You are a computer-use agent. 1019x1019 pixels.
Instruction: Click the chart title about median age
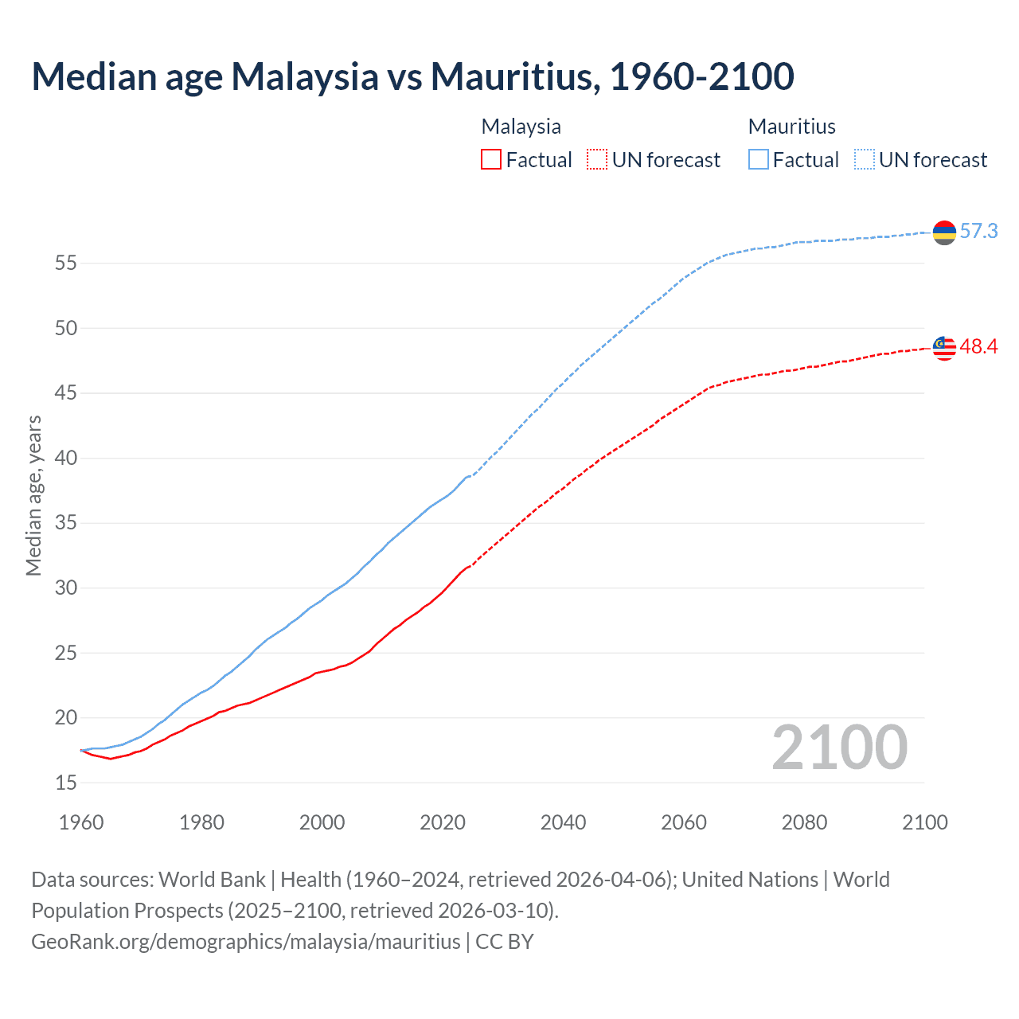[412, 76]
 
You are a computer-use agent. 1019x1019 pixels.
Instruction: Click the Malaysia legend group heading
[521, 127]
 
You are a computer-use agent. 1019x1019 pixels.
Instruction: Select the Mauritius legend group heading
[791, 127]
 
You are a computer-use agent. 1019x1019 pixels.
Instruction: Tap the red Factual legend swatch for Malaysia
[491, 160]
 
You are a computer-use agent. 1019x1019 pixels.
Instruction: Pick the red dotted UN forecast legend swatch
[597, 160]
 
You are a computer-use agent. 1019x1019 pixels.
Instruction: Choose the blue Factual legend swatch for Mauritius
[759, 160]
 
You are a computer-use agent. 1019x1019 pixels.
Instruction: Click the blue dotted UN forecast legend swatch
[865, 160]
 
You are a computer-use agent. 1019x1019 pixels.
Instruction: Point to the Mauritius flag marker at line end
[944, 232]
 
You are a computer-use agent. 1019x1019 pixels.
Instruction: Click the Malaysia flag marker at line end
[944, 348]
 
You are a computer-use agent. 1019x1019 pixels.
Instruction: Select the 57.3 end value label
[978, 232]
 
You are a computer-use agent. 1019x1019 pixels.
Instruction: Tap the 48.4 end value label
[978, 347]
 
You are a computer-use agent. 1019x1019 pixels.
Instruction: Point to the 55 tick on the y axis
[66, 264]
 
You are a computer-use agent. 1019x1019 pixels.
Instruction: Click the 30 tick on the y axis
[66, 588]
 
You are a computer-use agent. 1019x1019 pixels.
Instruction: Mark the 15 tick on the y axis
[66, 783]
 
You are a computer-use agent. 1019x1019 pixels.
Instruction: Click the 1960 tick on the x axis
[81, 822]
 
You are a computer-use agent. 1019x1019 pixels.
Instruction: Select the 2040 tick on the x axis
[563, 822]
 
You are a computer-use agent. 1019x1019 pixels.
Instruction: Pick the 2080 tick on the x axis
[804, 822]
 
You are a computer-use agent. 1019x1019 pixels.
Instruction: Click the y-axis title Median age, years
[33, 495]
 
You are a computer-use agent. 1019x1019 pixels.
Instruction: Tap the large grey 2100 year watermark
[839, 748]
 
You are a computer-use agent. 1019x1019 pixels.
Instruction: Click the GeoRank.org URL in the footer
[245, 942]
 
